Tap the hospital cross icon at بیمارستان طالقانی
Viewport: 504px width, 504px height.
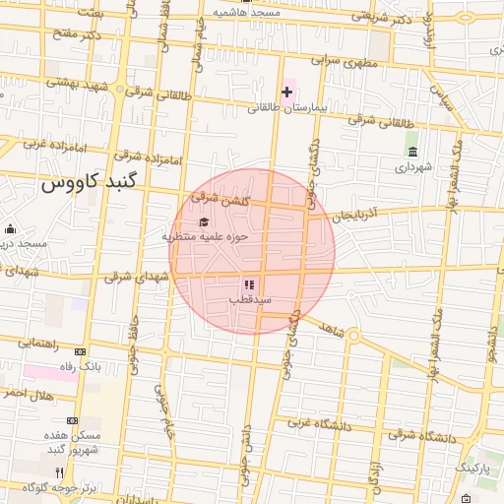click(x=286, y=93)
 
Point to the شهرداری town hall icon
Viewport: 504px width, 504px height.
click(x=411, y=152)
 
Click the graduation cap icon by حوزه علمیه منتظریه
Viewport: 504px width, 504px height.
click(x=204, y=221)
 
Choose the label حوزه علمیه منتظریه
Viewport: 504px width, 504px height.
click(x=205, y=236)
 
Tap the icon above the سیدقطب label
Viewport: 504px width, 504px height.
click(x=248, y=283)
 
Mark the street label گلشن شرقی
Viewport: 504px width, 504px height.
click(x=224, y=197)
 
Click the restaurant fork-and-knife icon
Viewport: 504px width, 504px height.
click(x=59, y=472)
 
